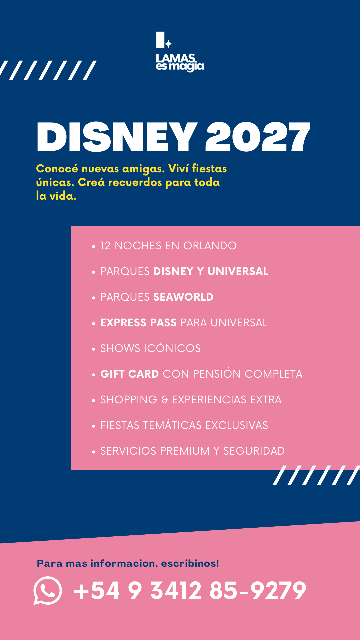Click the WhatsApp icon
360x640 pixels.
(x=48, y=590)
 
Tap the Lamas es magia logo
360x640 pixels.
(x=180, y=52)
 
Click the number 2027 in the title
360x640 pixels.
(x=258, y=137)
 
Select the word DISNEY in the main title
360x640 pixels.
(x=117, y=137)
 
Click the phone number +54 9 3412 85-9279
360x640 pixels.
(x=190, y=590)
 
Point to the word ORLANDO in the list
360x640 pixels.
(x=210, y=246)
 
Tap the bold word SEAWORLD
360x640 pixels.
(x=183, y=297)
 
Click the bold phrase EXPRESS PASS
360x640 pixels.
(x=138, y=323)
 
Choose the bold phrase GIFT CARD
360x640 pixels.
(x=130, y=374)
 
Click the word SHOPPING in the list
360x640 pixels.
(x=129, y=400)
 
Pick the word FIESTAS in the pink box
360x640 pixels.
(x=120, y=425)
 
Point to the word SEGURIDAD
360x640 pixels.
(x=254, y=451)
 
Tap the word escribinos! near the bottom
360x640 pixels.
(x=190, y=563)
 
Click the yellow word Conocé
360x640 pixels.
(x=57, y=169)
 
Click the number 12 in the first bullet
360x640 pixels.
(x=105, y=246)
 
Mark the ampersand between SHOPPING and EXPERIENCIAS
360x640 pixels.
(x=165, y=400)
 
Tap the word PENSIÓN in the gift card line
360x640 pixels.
(x=217, y=374)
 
